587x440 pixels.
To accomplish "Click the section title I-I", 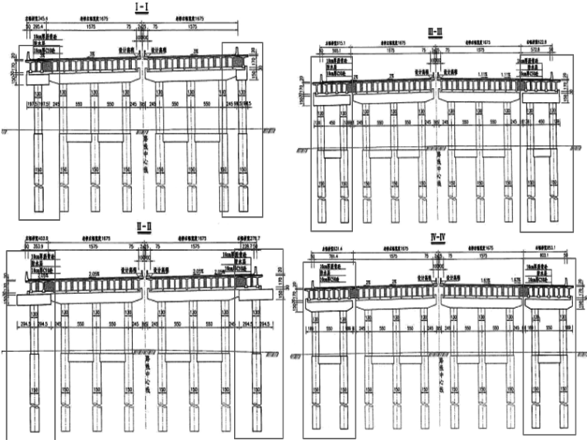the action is pyautogui.click(x=143, y=7).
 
